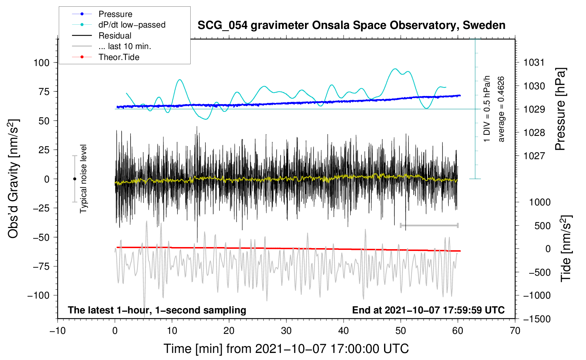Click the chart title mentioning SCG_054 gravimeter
pyautogui.click(x=351, y=25)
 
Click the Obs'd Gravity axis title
pyautogui.click(x=13, y=179)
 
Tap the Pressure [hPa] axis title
pyautogui.click(x=560, y=109)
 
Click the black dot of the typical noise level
pyautogui.click(x=74, y=179)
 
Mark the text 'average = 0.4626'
pyautogui.click(x=501, y=109)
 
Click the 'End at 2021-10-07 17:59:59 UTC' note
pyautogui.click(x=428, y=310)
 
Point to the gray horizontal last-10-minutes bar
pyautogui.click(x=429, y=225)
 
